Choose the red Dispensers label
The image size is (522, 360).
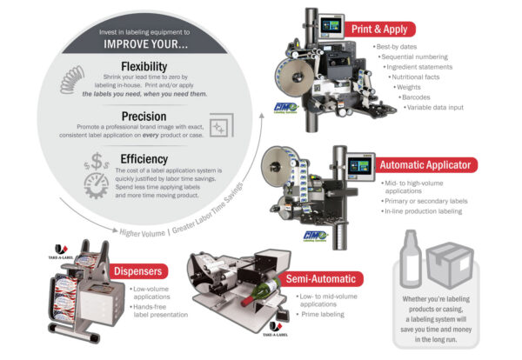[x=134, y=270]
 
